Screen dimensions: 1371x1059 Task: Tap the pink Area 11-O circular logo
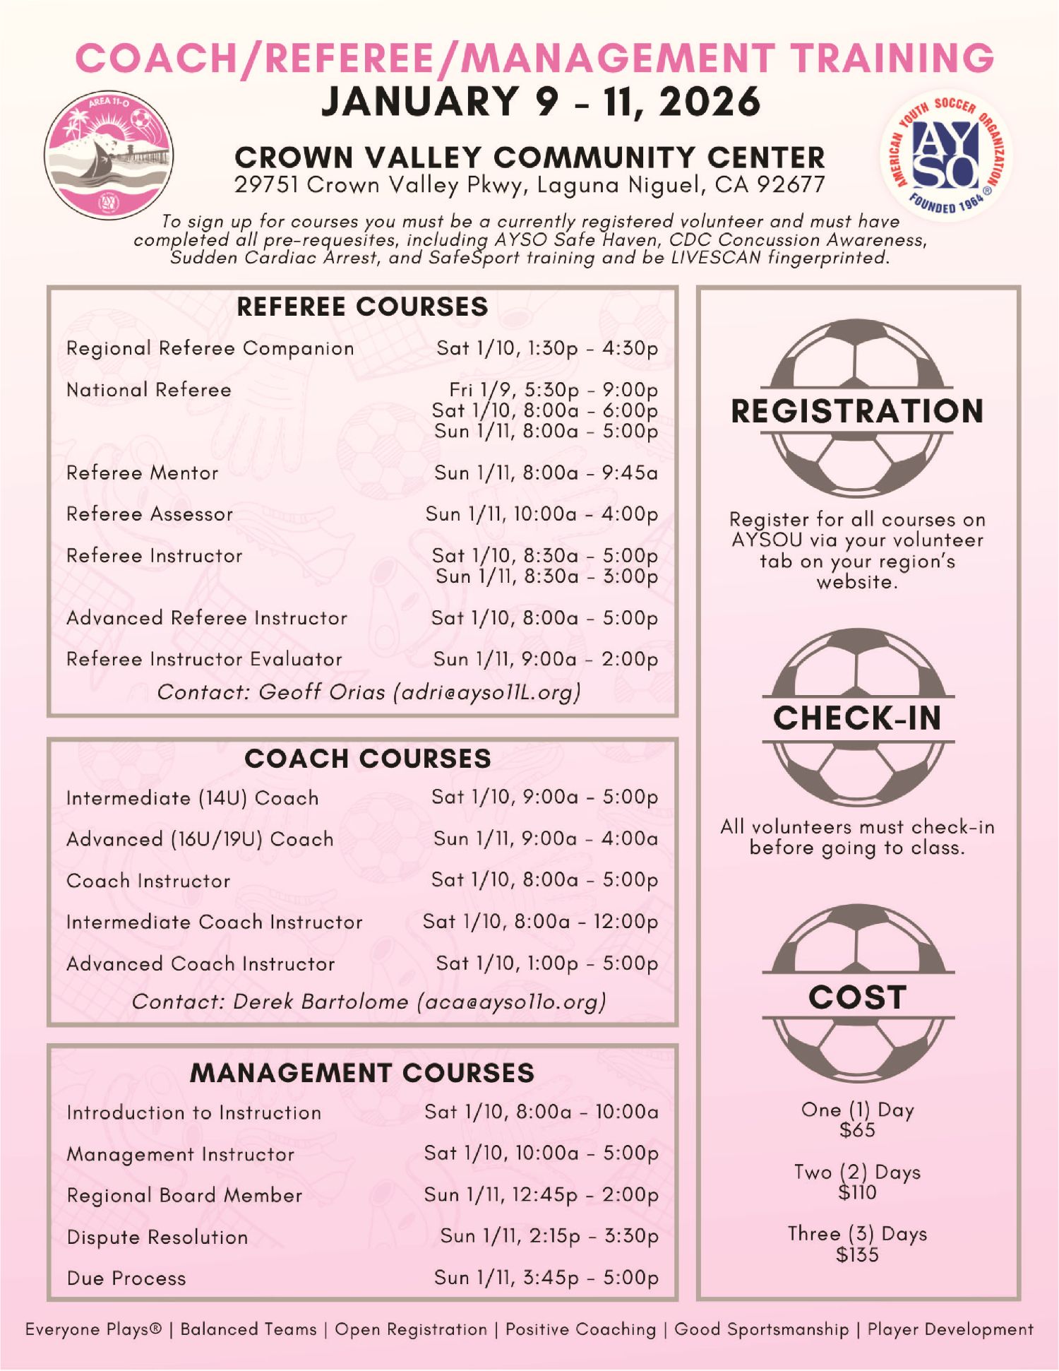[x=109, y=154]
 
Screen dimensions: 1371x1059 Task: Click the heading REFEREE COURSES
[x=362, y=307]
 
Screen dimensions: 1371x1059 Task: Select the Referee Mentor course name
[x=143, y=473]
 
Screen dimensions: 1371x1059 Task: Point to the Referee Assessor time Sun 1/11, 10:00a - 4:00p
[x=542, y=514]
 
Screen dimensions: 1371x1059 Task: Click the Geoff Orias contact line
[x=369, y=692]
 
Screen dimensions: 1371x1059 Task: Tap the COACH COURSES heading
[x=368, y=759]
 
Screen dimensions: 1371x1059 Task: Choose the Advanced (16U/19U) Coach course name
[x=200, y=839]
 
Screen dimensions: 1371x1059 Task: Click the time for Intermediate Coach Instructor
[x=540, y=922]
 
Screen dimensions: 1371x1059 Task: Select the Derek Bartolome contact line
[x=369, y=1002]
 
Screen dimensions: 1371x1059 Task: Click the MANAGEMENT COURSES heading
[x=362, y=1073]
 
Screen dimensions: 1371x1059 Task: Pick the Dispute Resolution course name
[x=157, y=1237]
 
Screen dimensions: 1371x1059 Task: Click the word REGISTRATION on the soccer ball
[x=857, y=411]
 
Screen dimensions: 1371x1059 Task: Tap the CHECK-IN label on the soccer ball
[x=857, y=718]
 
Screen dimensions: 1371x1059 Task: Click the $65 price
[x=857, y=1130]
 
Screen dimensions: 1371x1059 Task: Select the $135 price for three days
[x=857, y=1255]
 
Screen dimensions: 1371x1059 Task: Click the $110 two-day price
[x=857, y=1193]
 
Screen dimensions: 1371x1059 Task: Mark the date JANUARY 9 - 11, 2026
[x=541, y=102]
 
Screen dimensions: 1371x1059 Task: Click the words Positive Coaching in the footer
[x=580, y=1329]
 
